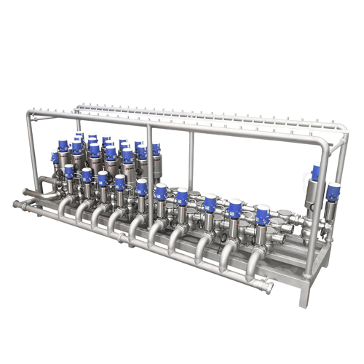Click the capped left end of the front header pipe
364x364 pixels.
pos(16,203)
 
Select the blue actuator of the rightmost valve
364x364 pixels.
pos(333,192)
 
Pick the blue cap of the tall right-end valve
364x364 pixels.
pos(316,173)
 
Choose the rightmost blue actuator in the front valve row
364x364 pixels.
pos(263,215)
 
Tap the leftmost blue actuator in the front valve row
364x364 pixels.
pos(69,170)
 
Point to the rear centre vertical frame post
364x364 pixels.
pos(193,157)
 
